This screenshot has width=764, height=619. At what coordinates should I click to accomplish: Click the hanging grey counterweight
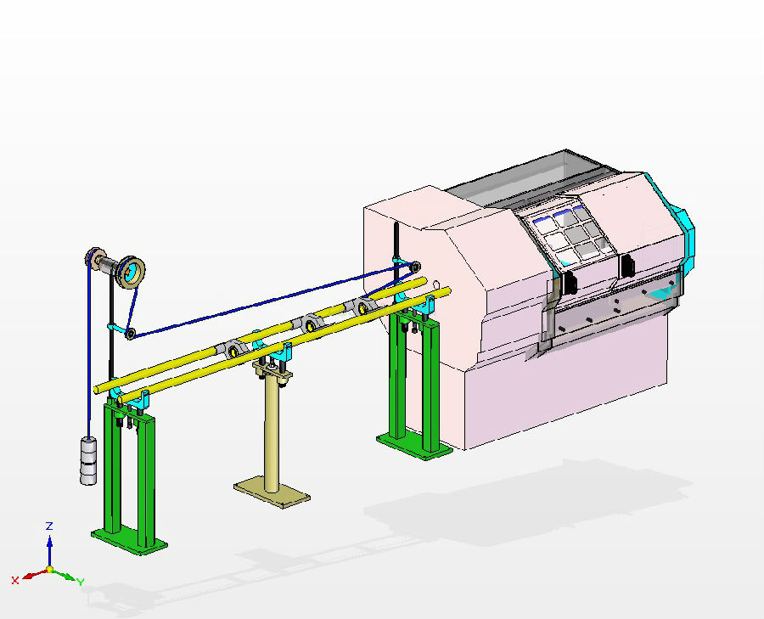click(x=88, y=461)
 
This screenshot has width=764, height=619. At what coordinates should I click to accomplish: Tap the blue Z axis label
click(x=49, y=526)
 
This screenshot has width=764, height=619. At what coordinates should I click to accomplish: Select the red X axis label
click(x=15, y=581)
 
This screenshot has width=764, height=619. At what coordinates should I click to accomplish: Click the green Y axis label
click(x=81, y=582)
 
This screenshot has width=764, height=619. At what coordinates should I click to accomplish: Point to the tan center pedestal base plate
click(x=272, y=492)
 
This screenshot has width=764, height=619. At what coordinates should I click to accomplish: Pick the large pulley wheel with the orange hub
click(x=131, y=272)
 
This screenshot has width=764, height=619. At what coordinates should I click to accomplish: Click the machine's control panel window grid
click(x=569, y=235)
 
